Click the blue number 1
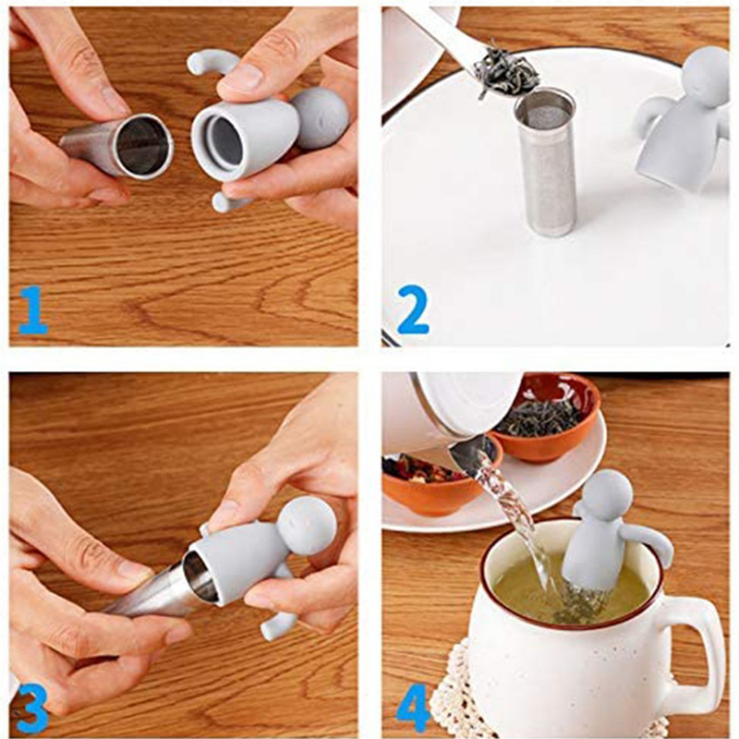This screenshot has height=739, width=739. tap(34, 310)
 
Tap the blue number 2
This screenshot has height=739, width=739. tap(413, 310)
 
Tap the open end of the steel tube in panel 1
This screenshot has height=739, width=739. tap(144, 146)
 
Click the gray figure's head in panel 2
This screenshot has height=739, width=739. tap(706, 77)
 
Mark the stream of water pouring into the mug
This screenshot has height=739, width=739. tap(513, 518)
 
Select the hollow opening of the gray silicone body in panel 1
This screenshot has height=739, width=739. tap(221, 140)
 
